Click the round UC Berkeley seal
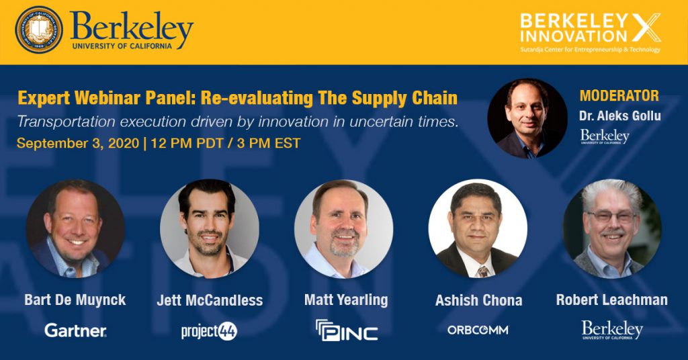coord(39,30)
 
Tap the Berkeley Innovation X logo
coord(590,33)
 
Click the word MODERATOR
coord(619,95)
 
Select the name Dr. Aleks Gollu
coord(619,116)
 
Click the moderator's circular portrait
coord(527,118)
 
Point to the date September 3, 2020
coord(78,143)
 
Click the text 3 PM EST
coord(269,143)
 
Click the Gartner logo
coord(75,330)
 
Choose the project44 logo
coord(210,331)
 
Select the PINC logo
coord(347,330)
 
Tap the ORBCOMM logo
coord(478,330)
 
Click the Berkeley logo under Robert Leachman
coord(612,330)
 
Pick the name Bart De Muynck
coord(75,300)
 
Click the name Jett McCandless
coord(210,300)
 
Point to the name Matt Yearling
coord(346,300)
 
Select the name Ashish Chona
coord(478,300)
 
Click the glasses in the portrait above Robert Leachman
coord(612,217)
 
